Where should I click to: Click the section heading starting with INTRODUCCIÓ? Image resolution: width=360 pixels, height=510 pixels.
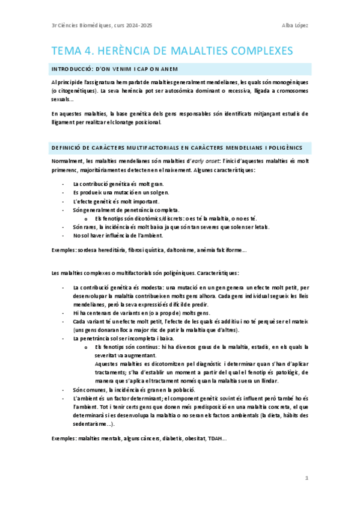(114, 68)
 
